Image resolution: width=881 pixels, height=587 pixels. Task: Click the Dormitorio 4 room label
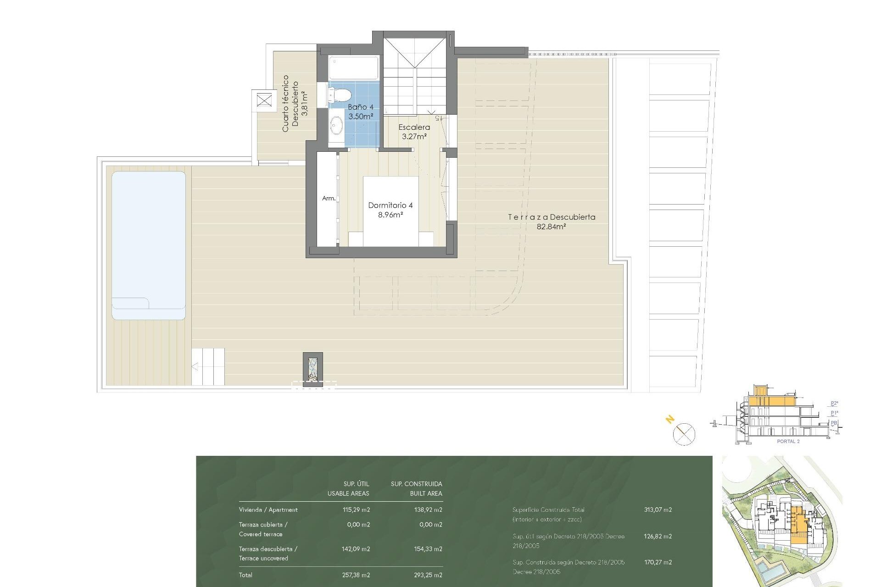pyautogui.click(x=390, y=210)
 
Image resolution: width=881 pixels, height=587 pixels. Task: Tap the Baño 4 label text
pyautogui.click(x=361, y=111)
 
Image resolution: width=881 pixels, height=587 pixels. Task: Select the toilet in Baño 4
pyautogui.click(x=340, y=95)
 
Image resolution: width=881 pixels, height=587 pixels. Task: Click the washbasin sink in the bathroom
pyautogui.click(x=336, y=124)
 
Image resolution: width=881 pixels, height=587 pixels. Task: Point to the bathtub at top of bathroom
pyautogui.click(x=353, y=68)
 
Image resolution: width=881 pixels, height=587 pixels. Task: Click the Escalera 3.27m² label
pyautogui.click(x=414, y=132)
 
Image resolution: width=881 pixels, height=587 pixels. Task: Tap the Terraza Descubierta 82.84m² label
pyautogui.click(x=551, y=221)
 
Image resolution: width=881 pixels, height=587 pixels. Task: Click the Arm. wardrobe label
pyautogui.click(x=329, y=198)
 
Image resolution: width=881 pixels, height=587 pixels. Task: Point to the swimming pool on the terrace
pyautogui.click(x=149, y=245)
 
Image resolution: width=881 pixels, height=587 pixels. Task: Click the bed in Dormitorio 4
pyautogui.click(x=390, y=211)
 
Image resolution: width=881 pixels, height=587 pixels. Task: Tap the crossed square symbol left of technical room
pyautogui.click(x=264, y=100)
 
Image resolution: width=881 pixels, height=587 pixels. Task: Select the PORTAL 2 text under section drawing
pyautogui.click(x=788, y=441)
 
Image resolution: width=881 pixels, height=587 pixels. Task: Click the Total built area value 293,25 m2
pyautogui.click(x=428, y=575)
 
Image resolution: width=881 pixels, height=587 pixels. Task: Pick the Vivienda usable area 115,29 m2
pyautogui.click(x=356, y=509)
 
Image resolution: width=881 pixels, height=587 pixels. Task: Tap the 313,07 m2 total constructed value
pyautogui.click(x=658, y=509)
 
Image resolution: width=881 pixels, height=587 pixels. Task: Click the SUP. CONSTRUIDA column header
pyautogui.click(x=416, y=484)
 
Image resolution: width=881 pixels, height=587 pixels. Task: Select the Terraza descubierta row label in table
pyautogui.click(x=268, y=553)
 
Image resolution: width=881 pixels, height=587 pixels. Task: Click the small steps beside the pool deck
pyautogui.click(x=208, y=366)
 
